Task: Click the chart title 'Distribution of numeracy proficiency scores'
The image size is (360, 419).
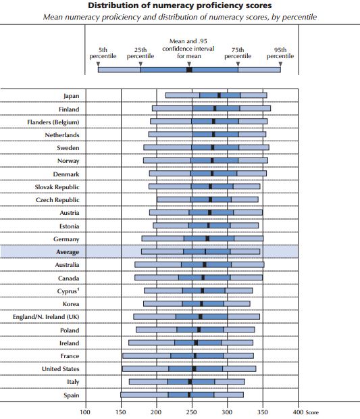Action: click(180, 5)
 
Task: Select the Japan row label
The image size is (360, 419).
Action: click(72, 96)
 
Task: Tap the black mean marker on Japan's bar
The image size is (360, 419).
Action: click(219, 95)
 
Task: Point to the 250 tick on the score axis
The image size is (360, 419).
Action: click(192, 412)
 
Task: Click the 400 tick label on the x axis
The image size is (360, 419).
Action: click(299, 412)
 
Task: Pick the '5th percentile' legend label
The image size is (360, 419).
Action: click(103, 53)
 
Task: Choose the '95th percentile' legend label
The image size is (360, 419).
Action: click(280, 53)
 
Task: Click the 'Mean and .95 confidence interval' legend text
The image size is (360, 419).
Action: click(188, 45)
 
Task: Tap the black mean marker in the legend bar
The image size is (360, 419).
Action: click(189, 70)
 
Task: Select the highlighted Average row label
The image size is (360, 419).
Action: click(68, 252)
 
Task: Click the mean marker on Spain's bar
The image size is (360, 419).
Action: click(189, 395)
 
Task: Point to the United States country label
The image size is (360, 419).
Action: click(61, 369)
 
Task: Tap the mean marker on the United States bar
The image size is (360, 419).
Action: click(194, 369)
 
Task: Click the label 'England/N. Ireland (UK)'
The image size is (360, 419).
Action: click(46, 317)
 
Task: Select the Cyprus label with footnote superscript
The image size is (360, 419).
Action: click(68, 291)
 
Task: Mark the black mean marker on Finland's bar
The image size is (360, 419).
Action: click(215, 108)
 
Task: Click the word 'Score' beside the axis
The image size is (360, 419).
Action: click(312, 412)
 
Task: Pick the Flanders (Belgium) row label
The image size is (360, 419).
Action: click(53, 122)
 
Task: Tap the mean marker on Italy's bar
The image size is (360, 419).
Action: click(190, 382)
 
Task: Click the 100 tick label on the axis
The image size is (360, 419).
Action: click(85, 412)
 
